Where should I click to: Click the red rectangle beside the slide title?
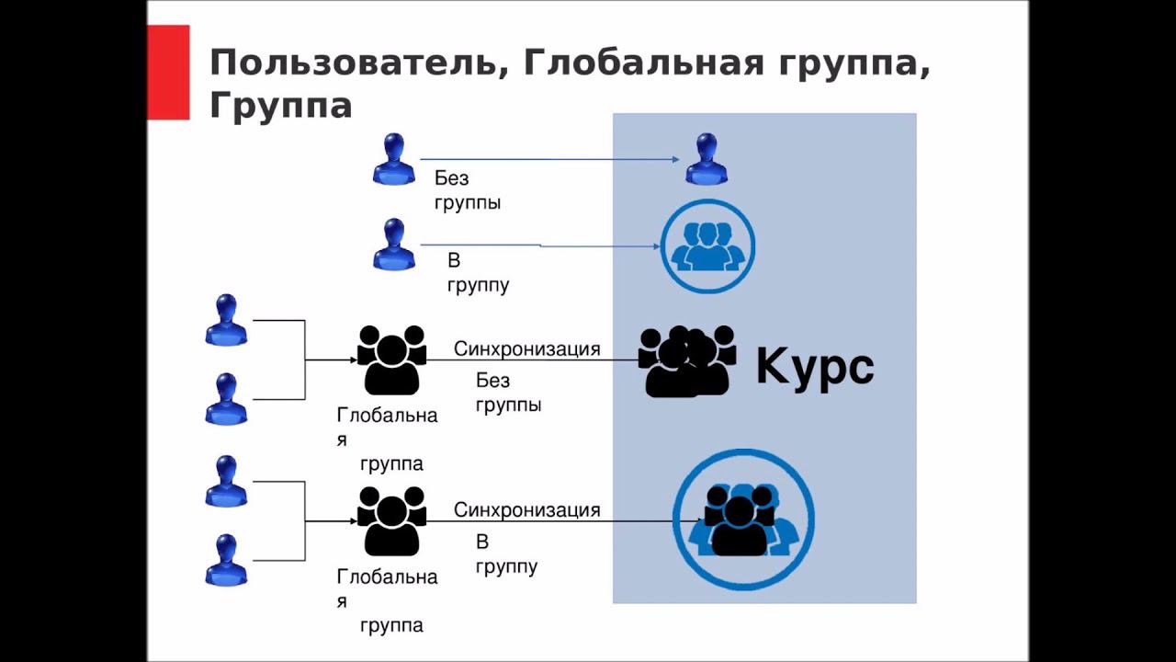168,72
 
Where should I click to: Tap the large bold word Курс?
814,367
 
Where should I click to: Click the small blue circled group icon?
707,246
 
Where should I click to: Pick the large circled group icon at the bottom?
743,520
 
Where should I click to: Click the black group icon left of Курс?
687,360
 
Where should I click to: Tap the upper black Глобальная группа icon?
391,360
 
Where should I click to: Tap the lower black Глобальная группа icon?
391,520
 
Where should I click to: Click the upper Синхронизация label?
526,349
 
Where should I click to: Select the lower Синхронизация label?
526,510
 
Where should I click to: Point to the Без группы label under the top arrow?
467,190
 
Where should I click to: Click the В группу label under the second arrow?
478,273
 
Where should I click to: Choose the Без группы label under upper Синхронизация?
508,393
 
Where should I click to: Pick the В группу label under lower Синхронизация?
506,554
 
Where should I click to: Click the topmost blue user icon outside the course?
394,159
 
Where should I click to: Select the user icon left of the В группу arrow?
394,245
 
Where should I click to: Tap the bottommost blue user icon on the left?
226,560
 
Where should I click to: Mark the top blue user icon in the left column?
226,320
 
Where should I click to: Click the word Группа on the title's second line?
281,106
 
